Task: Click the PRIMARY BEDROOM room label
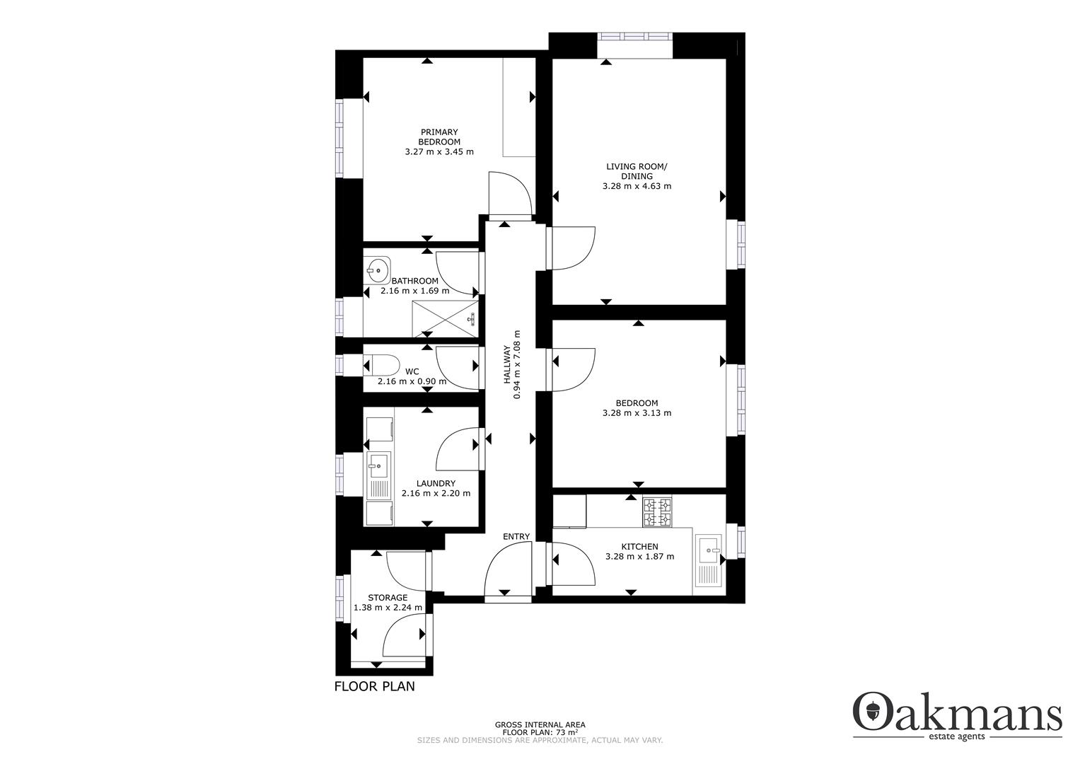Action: point(439,137)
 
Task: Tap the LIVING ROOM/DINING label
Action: point(636,171)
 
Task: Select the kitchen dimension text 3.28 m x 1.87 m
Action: point(639,557)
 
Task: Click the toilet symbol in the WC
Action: point(381,365)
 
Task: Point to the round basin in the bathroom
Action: point(378,269)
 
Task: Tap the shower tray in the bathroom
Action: point(444,318)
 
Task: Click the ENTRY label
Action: point(516,537)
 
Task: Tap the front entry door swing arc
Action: point(507,573)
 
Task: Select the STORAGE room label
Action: point(387,598)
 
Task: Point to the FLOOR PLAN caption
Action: point(374,686)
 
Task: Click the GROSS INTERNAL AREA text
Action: point(540,724)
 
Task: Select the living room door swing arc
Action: point(573,248)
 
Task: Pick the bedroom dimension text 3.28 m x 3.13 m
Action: point(637,413)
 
